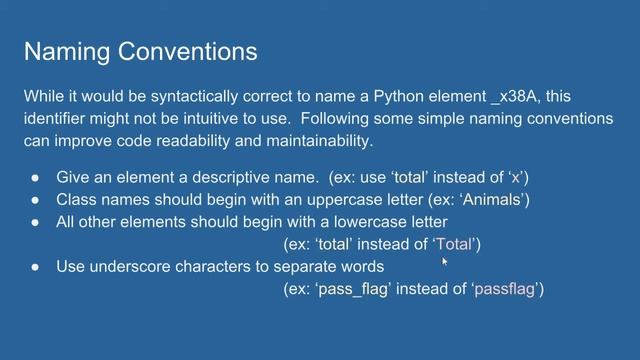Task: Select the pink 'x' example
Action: [x=514, y=178]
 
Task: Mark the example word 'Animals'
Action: [x=494, y=200]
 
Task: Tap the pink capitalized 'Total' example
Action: [x=456, y=244]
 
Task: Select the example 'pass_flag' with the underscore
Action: [x=354, y=290]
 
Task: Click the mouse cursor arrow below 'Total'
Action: [x=443, y=261]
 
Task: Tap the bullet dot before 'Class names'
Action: [x=35, y=200]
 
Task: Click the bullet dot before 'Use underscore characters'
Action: [x=35, y=267]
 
